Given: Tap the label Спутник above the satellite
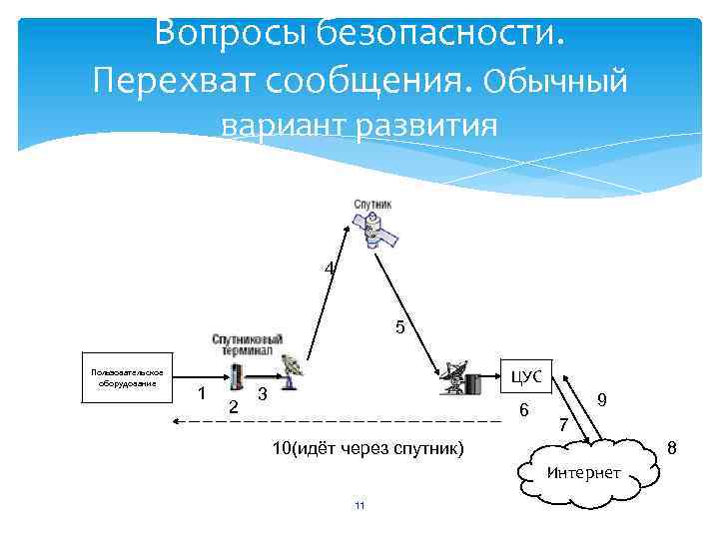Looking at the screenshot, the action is coord(372,204).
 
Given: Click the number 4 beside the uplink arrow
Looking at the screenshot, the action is coord(329,268).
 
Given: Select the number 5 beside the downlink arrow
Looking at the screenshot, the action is coord(399,326).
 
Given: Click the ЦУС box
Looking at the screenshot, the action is coord(525,376).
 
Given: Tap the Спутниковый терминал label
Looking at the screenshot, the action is coord(247,344).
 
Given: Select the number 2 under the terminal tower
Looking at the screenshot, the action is coord(233,406).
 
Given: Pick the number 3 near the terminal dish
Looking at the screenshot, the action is coord(262,394).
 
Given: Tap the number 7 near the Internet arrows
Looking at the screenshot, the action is coord(563,426).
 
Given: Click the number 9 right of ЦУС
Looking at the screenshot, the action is coord(602,398).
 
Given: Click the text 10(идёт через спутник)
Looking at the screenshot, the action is coord(368,448).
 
